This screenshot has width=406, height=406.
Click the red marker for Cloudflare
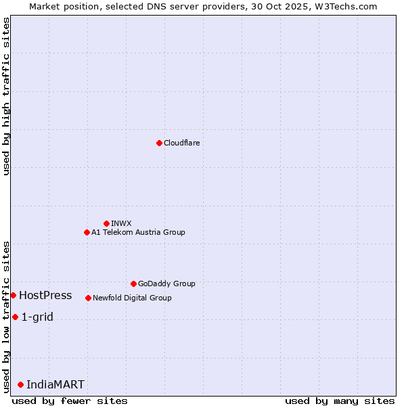pos(159,143)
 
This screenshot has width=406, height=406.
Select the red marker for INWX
pos(106,223)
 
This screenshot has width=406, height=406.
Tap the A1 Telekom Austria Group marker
pos(87,232)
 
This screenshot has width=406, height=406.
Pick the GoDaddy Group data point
pos(133,284)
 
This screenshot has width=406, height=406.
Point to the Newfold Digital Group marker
pos(88,298)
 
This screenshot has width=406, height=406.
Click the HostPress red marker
pos(13,295)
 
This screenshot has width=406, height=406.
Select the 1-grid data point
pos(15,317)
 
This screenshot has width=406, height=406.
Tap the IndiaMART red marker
pos(20,384)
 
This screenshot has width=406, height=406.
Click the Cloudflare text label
pos(181,143)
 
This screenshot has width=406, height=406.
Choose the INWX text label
pos(122,223)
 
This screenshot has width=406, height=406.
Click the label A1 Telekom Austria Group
pos(138,232)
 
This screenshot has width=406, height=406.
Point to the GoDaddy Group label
pos(166,284)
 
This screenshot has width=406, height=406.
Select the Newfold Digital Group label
pos(132,298)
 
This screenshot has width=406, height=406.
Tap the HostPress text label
pos(45,295)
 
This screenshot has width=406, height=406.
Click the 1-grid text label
pos(37,317)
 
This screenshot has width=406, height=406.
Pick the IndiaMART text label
pos(55,384)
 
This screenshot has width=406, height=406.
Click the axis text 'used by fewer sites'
pos(70,401)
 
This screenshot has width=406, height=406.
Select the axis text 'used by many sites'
pos(340,401)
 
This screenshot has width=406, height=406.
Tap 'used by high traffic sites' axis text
pos(6,96)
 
